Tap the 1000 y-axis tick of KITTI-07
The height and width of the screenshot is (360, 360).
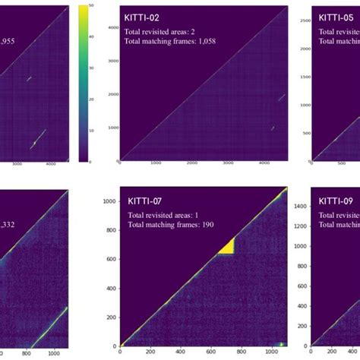[110, 201]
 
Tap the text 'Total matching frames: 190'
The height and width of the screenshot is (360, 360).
[169, 226]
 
